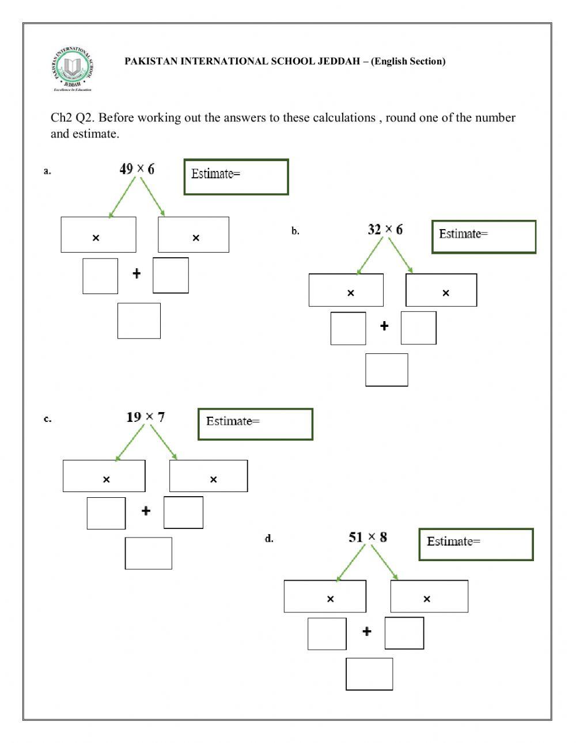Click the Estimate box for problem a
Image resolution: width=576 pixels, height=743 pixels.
(x=236, y=177)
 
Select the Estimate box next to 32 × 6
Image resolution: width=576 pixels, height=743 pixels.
(x=484, y=237)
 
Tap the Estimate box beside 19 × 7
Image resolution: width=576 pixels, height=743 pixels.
(x=255, y=424)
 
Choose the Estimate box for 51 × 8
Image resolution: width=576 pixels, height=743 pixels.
(x=476, y=544)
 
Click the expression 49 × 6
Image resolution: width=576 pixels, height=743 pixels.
(x=137, y=169)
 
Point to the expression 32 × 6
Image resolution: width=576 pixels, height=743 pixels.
(x=385, y=230)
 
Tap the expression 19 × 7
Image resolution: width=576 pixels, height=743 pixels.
(x=145, y=417)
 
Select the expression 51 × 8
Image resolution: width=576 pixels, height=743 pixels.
(x=367, y=537)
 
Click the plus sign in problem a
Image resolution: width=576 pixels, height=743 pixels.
(x=137, y=273)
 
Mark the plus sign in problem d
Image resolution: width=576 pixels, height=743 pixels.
(x=367, y=631)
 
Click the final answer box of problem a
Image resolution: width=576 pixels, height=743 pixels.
(x=139, y=321)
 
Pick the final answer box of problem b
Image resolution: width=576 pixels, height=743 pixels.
(x=386, y=369)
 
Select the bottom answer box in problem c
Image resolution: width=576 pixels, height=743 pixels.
(x=148, y=553)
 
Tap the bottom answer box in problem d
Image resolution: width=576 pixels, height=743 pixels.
(x=369, y=674)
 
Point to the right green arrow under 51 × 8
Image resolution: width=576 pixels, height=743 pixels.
(x=384, y=562)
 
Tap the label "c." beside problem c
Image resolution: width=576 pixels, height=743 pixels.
(x=47, y=419)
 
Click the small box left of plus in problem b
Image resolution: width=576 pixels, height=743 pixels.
(x=348, y=329)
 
